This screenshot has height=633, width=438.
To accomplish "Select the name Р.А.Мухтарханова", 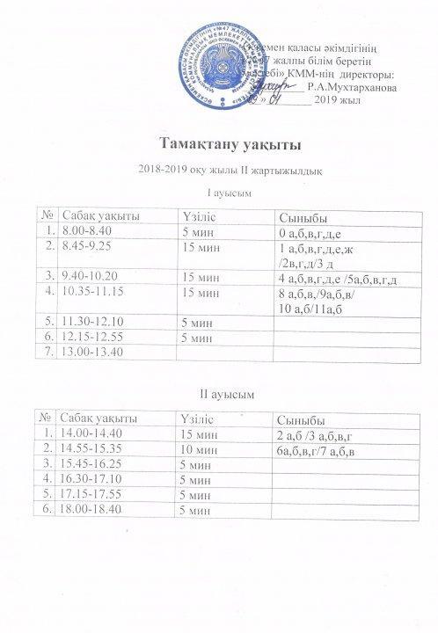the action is [353, 88].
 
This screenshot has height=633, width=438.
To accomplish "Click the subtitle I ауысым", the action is [219, 193].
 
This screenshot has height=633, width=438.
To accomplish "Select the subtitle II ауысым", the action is [219, 393].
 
